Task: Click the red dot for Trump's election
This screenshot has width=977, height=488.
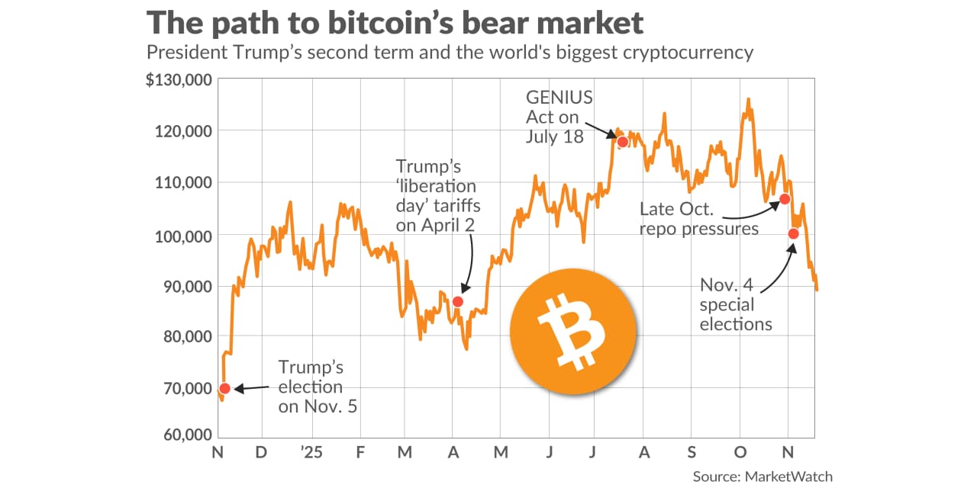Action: click(224, 389)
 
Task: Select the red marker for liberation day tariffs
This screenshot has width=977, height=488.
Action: click(458, 301)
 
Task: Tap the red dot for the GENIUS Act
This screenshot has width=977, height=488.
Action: click(623, 142)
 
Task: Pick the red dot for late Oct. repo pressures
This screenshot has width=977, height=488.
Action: click(784, 199)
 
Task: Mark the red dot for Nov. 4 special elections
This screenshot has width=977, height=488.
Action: click(794, 233)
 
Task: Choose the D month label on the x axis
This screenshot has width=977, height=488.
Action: click(260, 452)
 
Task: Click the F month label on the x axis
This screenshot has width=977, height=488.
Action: click(359, 452)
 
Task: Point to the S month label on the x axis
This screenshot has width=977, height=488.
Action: click(692, 452)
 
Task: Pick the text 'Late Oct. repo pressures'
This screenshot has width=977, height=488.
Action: click(699, 218)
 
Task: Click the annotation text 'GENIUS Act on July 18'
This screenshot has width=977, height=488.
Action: click(555, 117)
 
